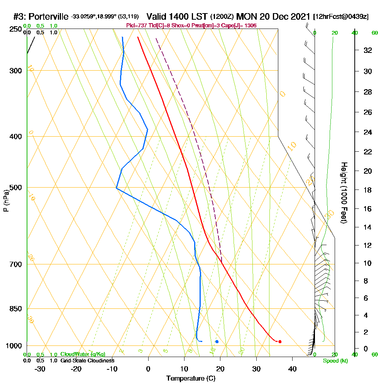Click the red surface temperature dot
coord(280,342)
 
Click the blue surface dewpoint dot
coord(217,342)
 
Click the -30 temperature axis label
coord(40,369)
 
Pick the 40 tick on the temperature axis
coord(292,369)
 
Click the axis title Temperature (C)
coord(191,378)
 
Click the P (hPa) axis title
coord(6,200)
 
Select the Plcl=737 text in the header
coord(136,25)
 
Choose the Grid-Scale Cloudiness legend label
coord(87,361)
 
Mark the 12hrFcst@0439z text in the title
coord(341,17)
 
